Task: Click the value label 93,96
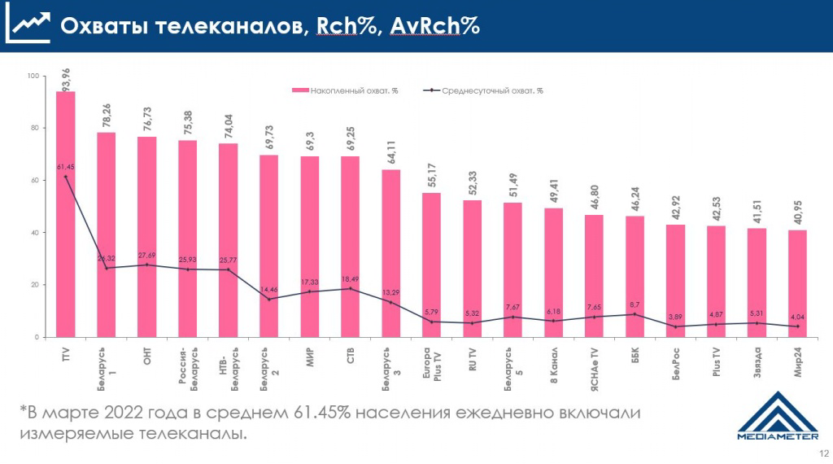66,81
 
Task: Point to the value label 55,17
432,177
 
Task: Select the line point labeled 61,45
66,177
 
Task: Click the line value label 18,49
351,279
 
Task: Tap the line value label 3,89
676,317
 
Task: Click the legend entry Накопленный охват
346,91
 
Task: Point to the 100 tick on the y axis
33,76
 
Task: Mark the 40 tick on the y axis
34,233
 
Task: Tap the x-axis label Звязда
757,358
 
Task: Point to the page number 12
823,453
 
